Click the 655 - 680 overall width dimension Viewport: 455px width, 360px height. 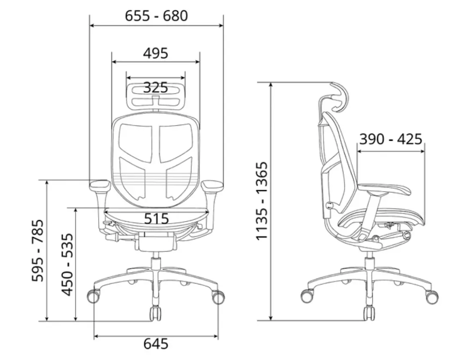[x=156, y=16]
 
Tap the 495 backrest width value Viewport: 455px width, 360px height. [x=156, y=53]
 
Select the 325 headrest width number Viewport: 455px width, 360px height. [x=156, y=87]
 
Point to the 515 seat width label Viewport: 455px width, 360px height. [x=156, y=219]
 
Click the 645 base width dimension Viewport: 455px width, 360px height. [x=156, y=344]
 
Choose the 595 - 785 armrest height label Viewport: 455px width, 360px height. [x=38, y=251]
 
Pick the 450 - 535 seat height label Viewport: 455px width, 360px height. [x=67, y=264]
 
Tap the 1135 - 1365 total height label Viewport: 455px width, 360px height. [x=262, y=201]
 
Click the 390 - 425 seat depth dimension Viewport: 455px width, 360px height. [x=391, y=139]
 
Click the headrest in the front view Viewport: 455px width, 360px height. [x=156, y=96]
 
